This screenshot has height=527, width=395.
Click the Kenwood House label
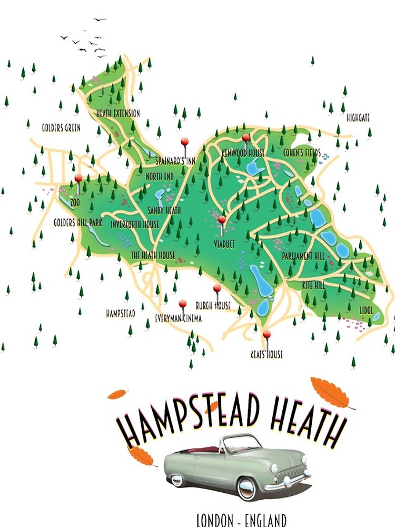pyautogui.click(x=243, y=153)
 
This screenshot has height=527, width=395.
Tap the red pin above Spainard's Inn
pyautogui.click(x=184, y=142)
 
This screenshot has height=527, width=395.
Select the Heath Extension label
pyautogui.click(x=118, y=113)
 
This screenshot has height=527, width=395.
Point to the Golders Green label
pyautogui.click(x=61, y=128)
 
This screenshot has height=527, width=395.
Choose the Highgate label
pyautogui.click(x=358, y=119)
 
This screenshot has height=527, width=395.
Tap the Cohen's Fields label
pyautogui.click(x=302, y=153)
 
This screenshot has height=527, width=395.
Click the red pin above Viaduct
pyautogui.click(x=222, y=219)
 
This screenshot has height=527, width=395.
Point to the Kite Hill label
pyautogui.click(x=313, y=285)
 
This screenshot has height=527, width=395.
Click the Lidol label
pyautogui.click(x=367, y=310)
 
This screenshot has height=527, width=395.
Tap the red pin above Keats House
pyautogui.click(x=266, y=334)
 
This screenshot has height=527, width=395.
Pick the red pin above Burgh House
pyautogui.click(x=217, y=288)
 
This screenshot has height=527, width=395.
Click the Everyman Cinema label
pyautogui.click(x=179, y=318)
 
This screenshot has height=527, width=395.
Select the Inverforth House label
pyautogui.click(x=135, y=225)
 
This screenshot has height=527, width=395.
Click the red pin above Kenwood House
pyautogui.click(x=245, y=138)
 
